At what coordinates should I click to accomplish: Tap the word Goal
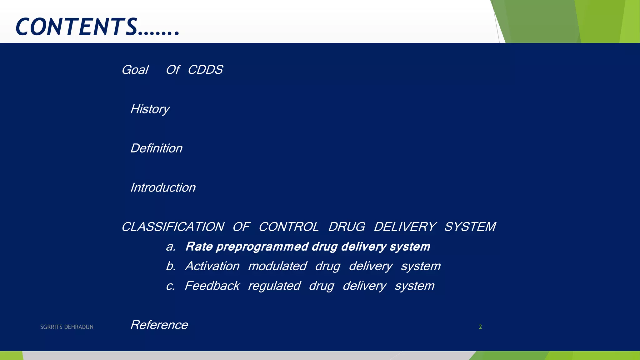pos(135,70)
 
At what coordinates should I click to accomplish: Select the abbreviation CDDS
pos(205,70)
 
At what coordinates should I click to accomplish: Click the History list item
pos(150,109)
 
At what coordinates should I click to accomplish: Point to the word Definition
pos(156,148)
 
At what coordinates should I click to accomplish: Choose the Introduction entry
pos(163,187)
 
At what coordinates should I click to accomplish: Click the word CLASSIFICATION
pos(173,227)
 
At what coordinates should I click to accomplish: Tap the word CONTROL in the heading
pos(289,227)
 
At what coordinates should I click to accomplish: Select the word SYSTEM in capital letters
pos(470,227)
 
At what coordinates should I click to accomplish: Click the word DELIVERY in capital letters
pos(405,227)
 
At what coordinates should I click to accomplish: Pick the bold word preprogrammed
pos(262,247)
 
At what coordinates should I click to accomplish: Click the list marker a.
pos(171,247)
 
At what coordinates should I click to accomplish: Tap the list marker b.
pos(171,266)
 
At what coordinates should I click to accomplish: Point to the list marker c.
pos(171,286)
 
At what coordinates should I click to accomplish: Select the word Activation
pos(212,266)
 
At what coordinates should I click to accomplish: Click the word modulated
pos(277,266)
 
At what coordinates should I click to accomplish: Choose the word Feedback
pos(212,286)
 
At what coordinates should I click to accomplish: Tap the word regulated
pos(274,286)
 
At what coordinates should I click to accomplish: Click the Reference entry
pos(159,325)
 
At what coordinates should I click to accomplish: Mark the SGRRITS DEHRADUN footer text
pos(67,327)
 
